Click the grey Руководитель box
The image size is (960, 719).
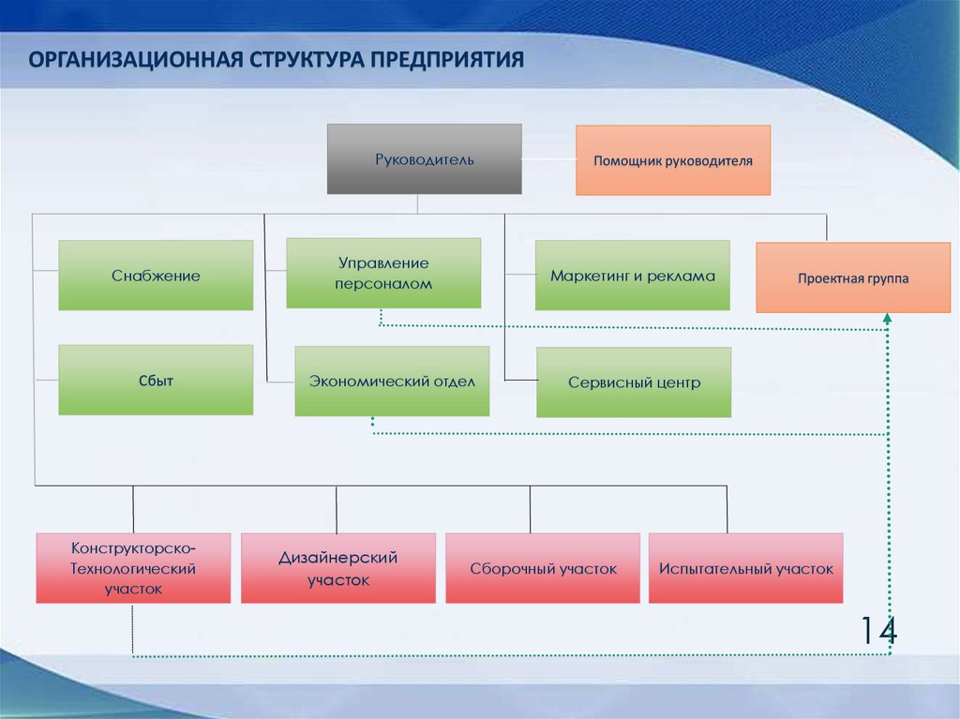tap(424, 158)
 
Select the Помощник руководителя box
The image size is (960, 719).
tap(672, 160)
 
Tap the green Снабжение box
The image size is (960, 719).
tap(156, 276)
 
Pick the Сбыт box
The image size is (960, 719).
tap(156, 381)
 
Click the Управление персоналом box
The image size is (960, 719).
tap(383, 274)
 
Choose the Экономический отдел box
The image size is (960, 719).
tap(392, 382)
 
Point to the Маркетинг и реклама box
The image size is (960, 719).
tap(632, 276)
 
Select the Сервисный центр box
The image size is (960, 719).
tap(634, 382)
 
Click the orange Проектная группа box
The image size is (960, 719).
tap(853, 278)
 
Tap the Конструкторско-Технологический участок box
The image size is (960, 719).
tap(133, 568)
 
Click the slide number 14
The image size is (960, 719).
tap(878, 631)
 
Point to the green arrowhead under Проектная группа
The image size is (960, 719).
tap(887, 321)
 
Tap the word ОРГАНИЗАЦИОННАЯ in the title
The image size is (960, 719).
tap(134, 61)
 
